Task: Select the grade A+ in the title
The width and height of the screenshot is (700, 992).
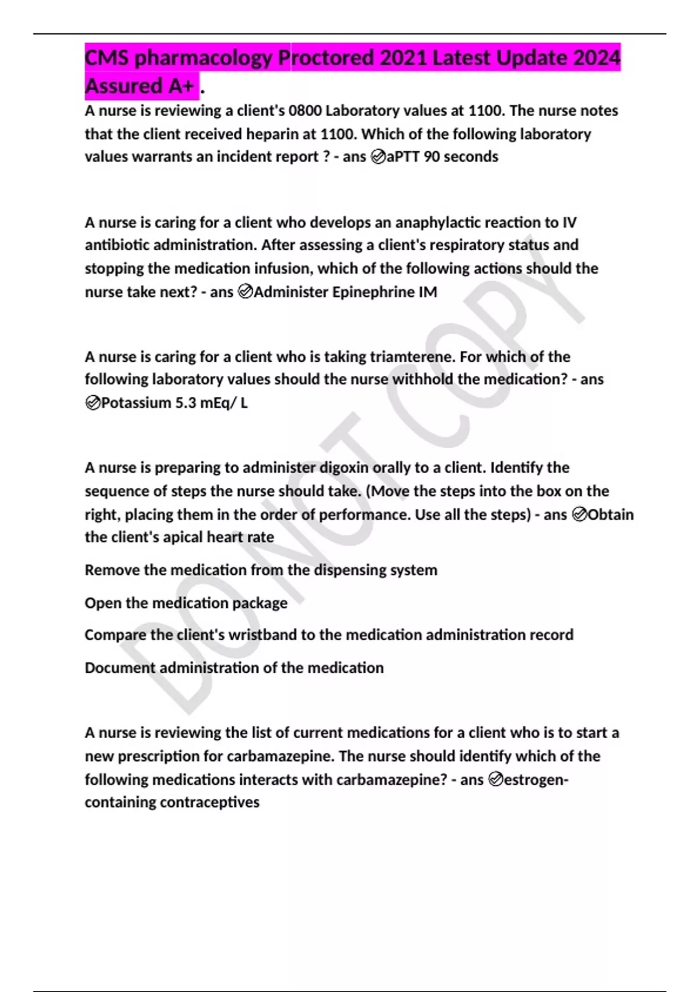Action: pyautogui.click(x=180, y=86)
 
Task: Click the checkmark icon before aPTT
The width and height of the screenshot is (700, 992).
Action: pyautogui.click(x=378, y=157)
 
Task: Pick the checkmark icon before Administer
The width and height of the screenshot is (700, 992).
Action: pyautogui.click(x=246, y=292)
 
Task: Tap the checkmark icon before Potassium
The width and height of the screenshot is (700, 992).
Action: pyautogui.click(x=92, y=403)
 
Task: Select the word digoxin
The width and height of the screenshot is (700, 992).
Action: pyautogui.click(x=344, y=468)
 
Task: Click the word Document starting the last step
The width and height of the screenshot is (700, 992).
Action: pyautogui.click(x=120, y=668)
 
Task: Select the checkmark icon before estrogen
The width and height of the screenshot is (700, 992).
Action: pyautogui.click(x=495, y=780)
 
